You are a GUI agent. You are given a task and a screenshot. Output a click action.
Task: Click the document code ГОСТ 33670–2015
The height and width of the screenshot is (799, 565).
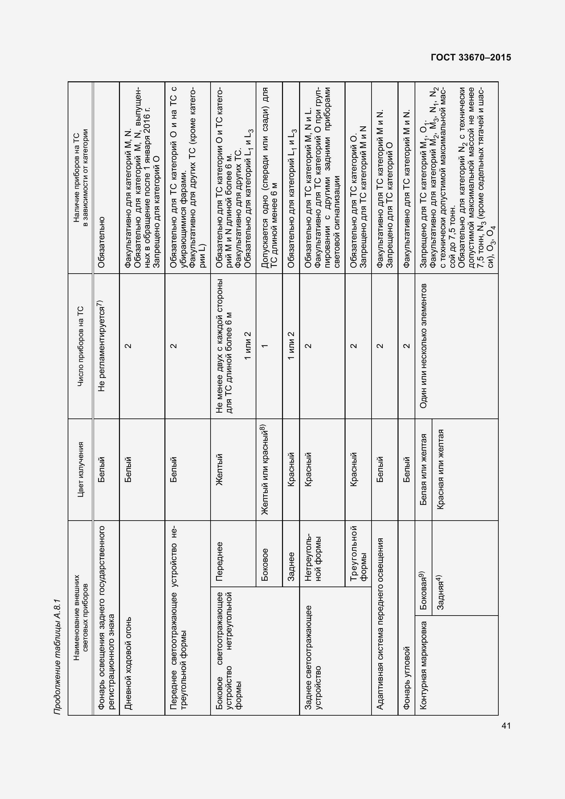(471, 58)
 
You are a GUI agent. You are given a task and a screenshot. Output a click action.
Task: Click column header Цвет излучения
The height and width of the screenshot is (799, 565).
(80, 469)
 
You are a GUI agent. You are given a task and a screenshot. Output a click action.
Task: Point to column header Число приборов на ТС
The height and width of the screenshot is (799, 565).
(80, 346)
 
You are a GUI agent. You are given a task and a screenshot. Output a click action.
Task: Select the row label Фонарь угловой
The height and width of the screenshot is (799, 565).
(406, 678)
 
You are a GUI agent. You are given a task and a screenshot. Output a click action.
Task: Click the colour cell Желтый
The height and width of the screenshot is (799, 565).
(219, 469)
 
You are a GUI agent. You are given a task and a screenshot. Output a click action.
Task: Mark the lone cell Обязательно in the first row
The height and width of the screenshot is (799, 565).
(101, 242)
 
